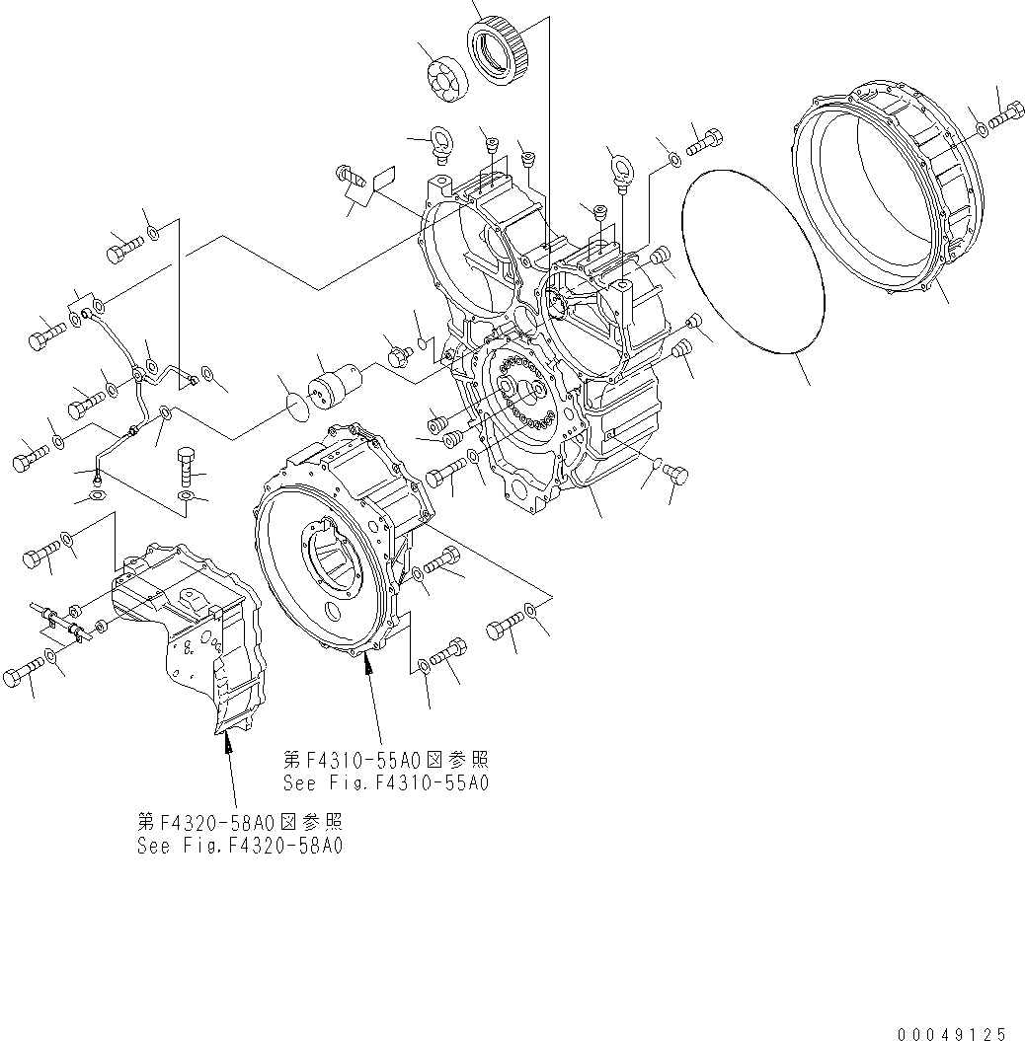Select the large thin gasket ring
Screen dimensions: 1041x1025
click(x=752, y=259)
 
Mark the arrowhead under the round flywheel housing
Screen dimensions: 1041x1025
click(x=370, y=669)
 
